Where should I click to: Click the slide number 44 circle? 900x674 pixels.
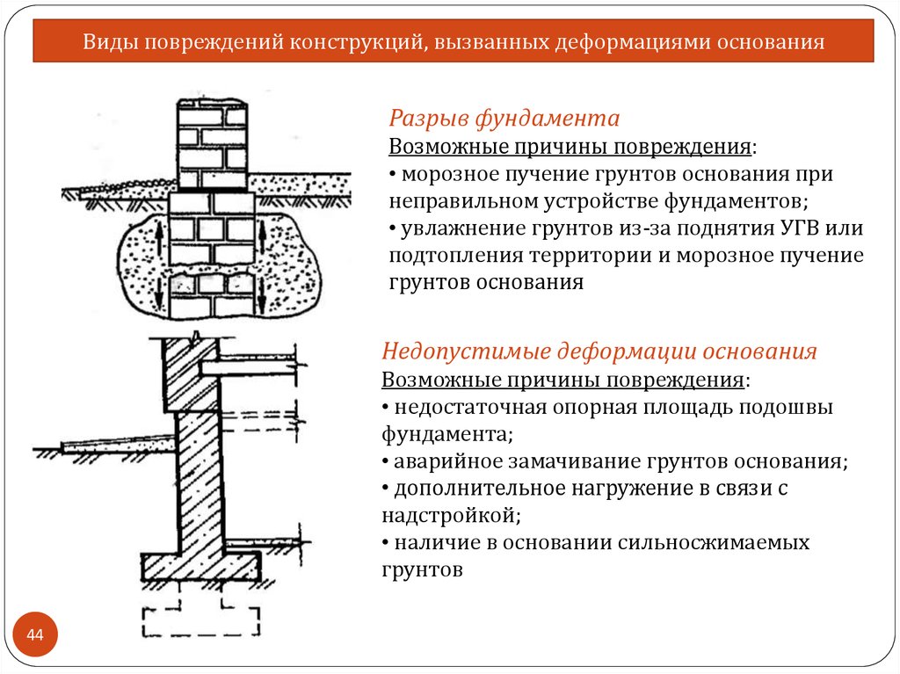(35, 634)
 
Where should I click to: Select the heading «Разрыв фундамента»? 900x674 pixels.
(504, 119)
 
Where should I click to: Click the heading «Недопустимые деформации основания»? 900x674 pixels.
(599, 351)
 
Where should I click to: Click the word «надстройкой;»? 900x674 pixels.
(451, 516)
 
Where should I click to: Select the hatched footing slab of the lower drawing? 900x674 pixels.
(201, 566)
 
